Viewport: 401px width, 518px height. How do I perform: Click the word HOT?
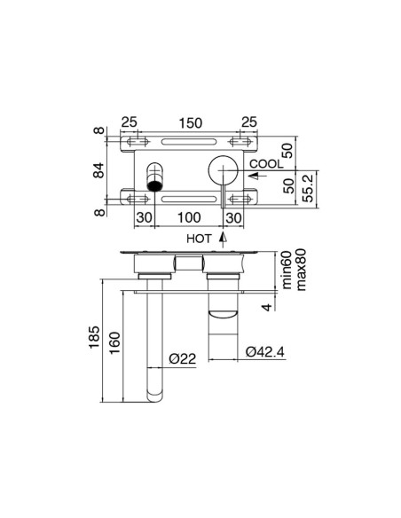[x=200, y=239]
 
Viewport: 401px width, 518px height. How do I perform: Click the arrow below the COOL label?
[x=252, y=176]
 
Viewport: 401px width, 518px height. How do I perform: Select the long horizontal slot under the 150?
[x=186, y=142]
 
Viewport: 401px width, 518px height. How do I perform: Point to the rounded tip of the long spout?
[x=155, y=390]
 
